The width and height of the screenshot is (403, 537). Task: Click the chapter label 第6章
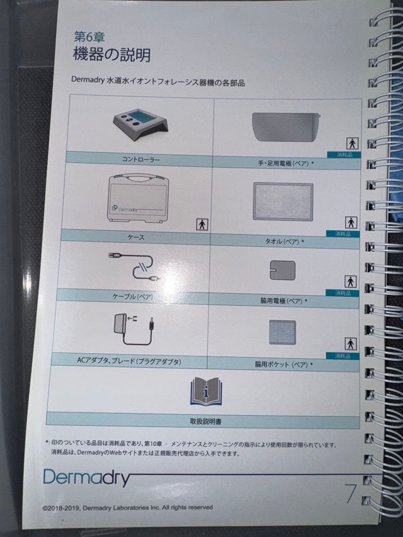click(90, 36)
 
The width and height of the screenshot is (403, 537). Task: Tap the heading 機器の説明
click(112, 55)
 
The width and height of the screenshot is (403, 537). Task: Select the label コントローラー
click(141, 159)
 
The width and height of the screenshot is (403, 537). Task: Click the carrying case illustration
click(138, 198)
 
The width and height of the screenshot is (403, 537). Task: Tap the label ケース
click(136, 237)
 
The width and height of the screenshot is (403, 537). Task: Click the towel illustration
click(283, 202)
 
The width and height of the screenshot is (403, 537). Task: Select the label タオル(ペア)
click(282, 242)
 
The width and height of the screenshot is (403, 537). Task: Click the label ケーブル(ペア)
click(133, 296)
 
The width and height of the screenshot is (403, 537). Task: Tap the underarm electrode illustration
click(283, 270)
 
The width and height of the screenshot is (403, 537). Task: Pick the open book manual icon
click(206, 391)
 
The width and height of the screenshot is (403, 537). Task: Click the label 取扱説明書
click(205, 421)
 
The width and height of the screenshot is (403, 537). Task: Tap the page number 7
click(350, 494)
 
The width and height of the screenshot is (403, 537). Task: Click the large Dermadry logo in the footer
click(87, 477)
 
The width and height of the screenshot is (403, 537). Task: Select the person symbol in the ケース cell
click(202, 224)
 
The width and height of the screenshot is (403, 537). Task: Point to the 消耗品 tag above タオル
click(343, 234)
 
